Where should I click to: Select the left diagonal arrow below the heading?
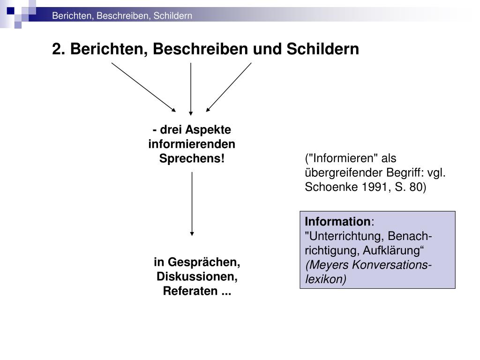point(143,87)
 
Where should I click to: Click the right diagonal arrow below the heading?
point(229,87)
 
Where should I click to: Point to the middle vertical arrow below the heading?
point(191,89)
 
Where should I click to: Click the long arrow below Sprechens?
point(192,203)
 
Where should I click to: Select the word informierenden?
point(192,144)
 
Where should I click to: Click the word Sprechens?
point(192,158)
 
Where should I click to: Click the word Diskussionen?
point(197,277)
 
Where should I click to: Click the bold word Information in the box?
point(337,221)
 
